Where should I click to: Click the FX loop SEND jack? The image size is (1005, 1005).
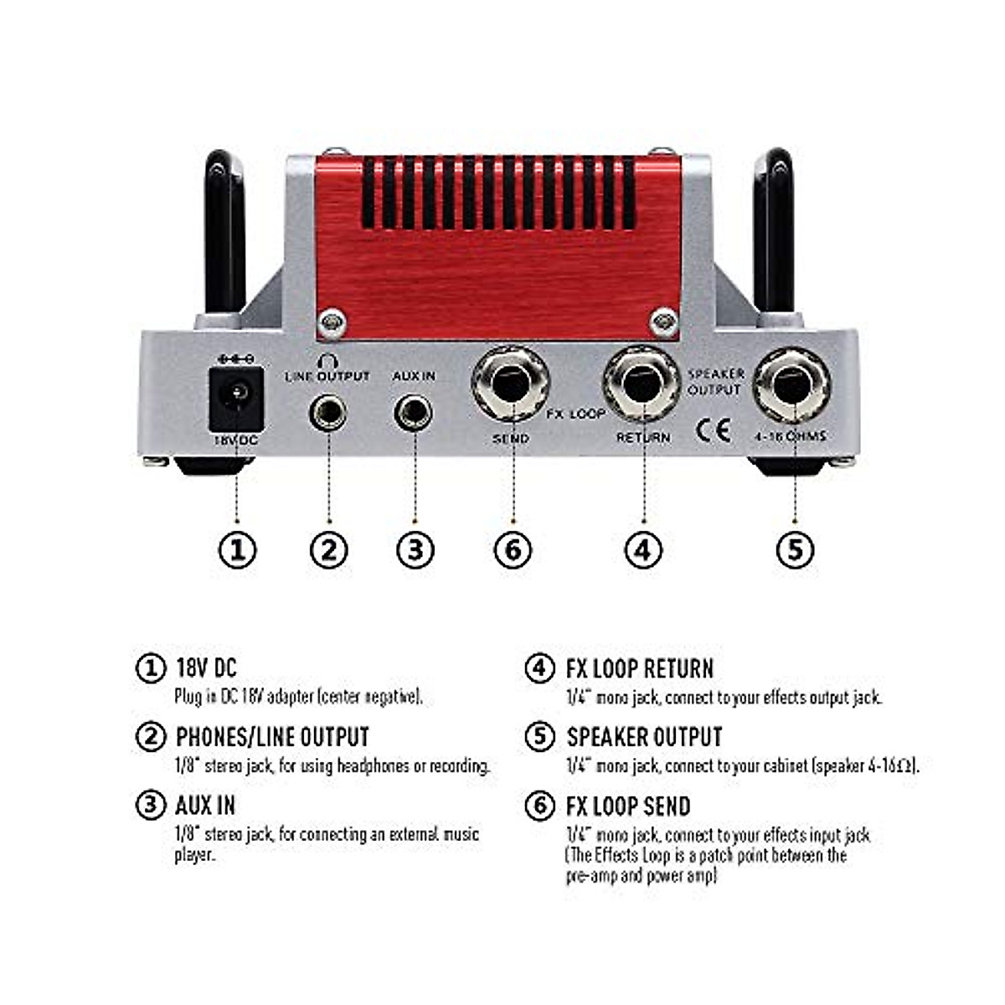[x=510, y=385]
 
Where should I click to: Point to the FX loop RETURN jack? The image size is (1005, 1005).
[x=642, y=384]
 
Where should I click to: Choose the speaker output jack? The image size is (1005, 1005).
[x=791, y=385]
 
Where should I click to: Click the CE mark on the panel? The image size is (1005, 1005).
[x=713, y=430]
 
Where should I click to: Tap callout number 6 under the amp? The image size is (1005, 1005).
[x=513, y=550]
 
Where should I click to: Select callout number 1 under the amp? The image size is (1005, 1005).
[x=237, y=550]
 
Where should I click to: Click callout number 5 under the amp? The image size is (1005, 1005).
[x=795, y=550]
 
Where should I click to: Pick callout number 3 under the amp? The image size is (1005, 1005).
[x=415, y=550]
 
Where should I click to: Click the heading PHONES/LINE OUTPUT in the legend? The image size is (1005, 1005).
[x=272, y=738]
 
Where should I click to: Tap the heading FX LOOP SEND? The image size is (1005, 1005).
[x=628, y=807]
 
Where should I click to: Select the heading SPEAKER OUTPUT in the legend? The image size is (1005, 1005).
[x=644, y=738]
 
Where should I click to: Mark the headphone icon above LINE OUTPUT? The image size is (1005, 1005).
[x=327, y=362]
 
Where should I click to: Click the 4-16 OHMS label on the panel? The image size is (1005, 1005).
[x=790, y=436]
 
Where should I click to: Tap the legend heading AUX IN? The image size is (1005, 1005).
[x=205, y=807]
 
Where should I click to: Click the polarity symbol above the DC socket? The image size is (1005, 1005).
[x=235, y=359]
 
